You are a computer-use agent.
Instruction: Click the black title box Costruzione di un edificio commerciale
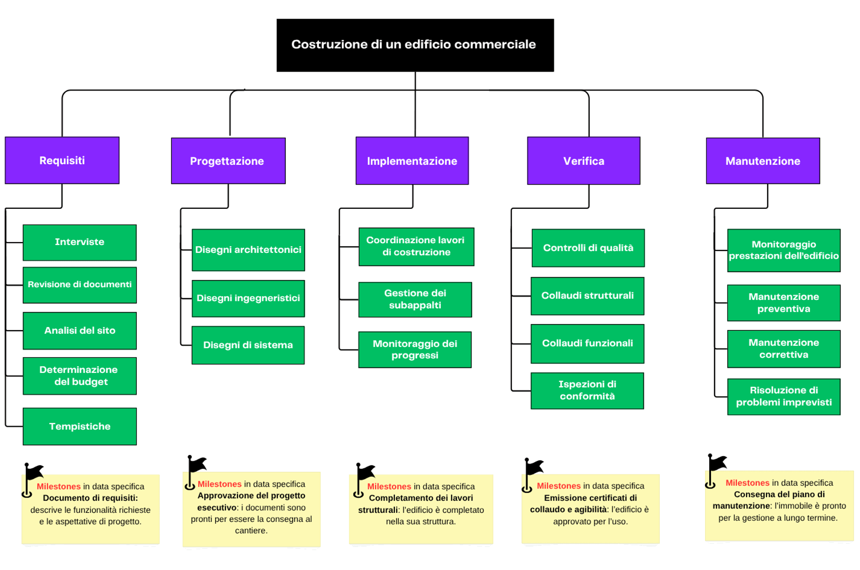click(x=415, y=45)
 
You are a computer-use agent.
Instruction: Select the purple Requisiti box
click(x=62, y=160)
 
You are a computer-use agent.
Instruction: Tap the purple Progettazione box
click(x=228, y=161)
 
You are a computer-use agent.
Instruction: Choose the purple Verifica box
click(x=584, y=161)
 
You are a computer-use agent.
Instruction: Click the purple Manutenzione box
click(x=763, y=161)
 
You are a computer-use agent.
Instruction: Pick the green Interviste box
click(x=80, y=242)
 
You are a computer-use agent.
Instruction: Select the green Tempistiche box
click(x=80, y=426)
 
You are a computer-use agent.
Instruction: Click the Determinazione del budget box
click(x=80, y=376)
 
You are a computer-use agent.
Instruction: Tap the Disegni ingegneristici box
click(x=248, y=298)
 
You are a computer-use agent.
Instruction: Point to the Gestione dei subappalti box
click(x=415, y=299)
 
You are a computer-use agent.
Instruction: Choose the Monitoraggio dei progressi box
click(x=415, y=349)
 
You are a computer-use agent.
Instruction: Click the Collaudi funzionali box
click(x=587, y=343)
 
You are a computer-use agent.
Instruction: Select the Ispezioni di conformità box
click(x=587, y=391)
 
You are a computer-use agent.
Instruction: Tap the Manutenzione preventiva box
click(x=783, y=303)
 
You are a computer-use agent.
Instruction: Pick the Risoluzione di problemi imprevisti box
click(x=783, y=396)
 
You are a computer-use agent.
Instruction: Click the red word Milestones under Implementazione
click(x=389, y=486)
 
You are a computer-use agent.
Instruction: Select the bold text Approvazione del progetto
click(x=251, y=496)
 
